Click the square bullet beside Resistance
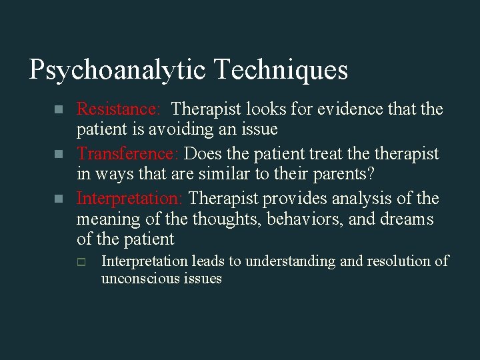59,109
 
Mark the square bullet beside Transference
59,154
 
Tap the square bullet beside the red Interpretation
59,199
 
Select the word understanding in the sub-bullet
295,261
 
